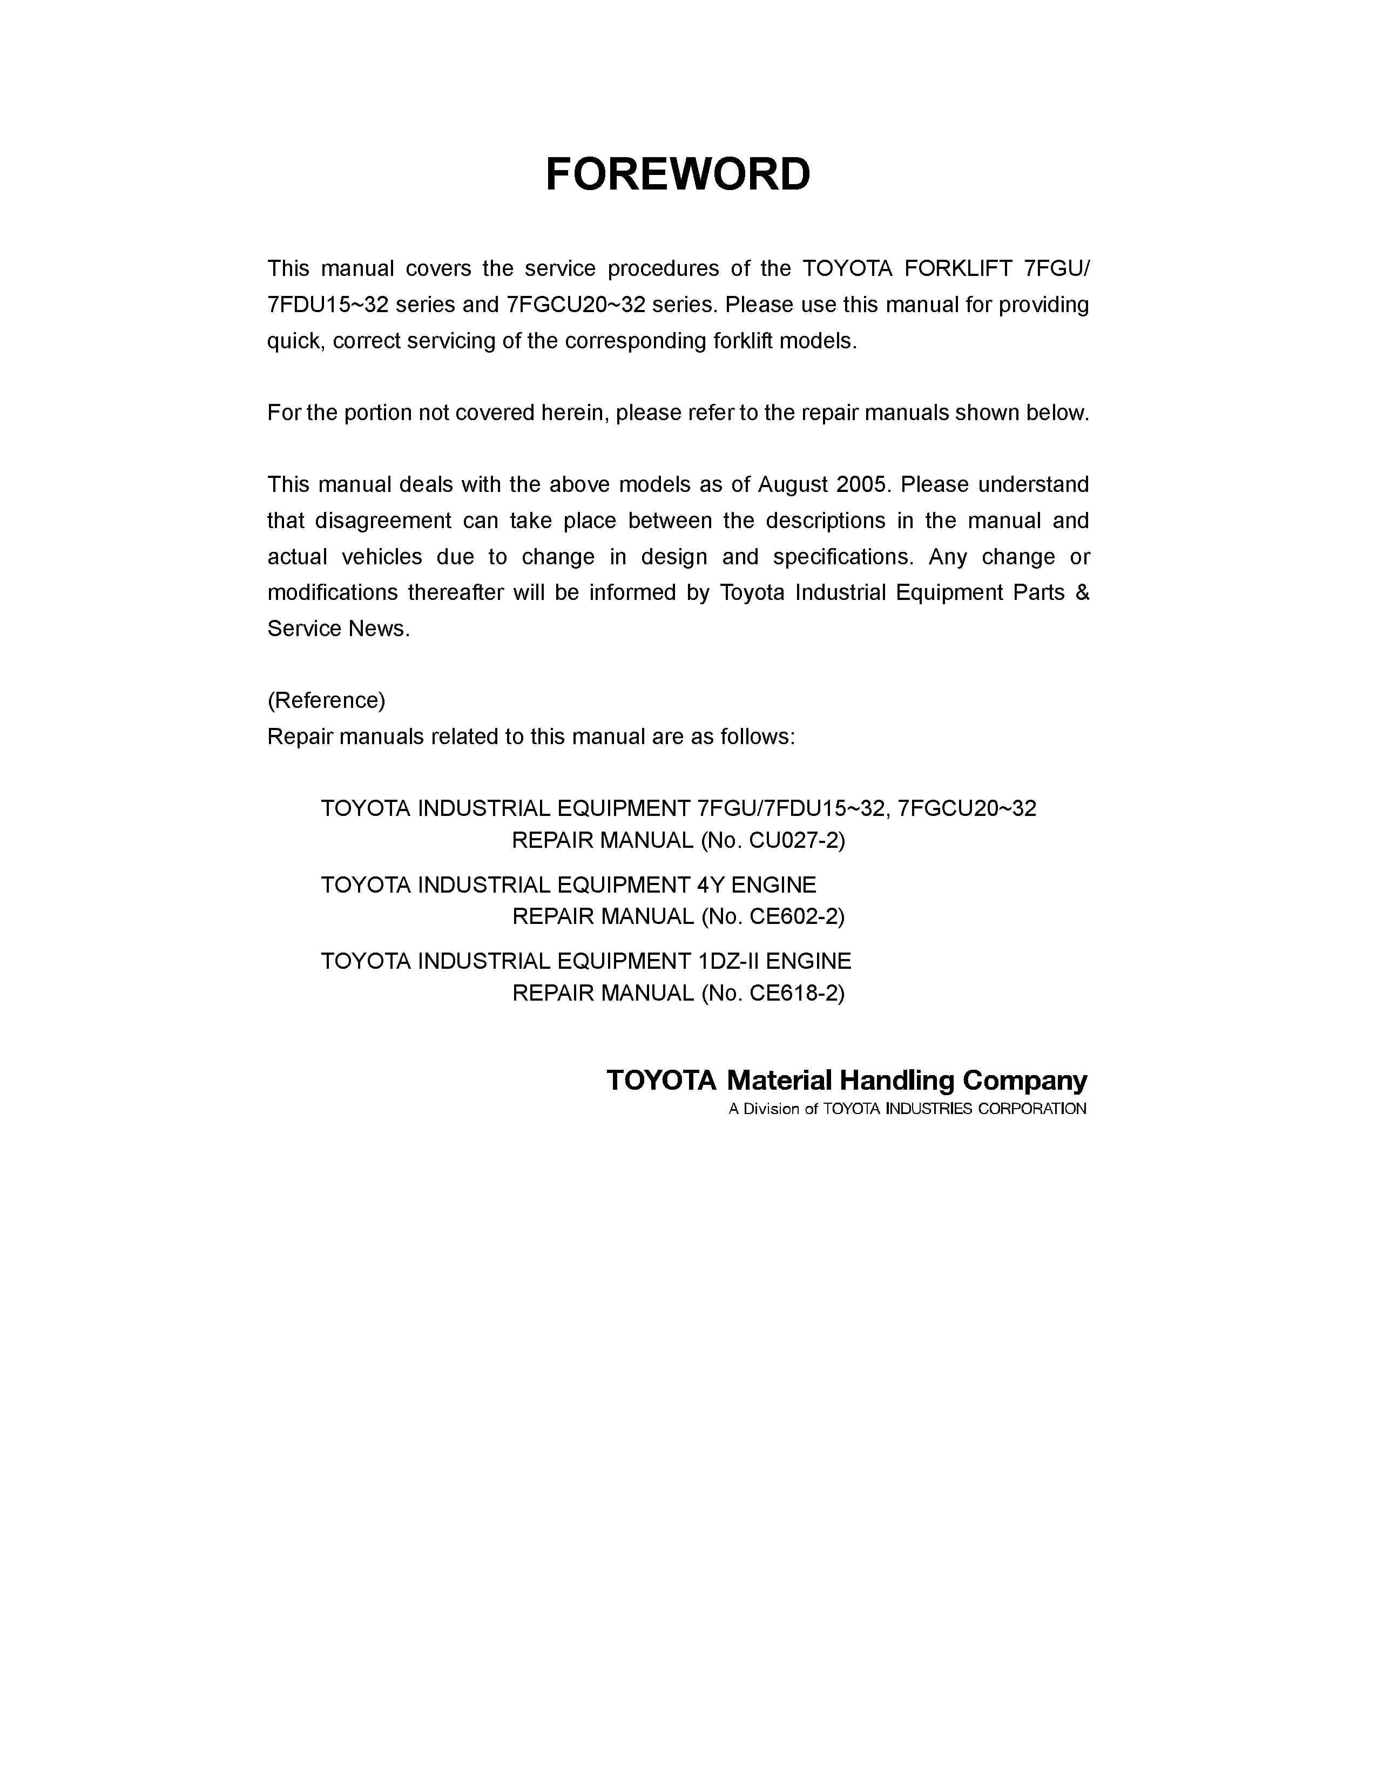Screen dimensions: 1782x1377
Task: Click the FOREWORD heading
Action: coord(677,174)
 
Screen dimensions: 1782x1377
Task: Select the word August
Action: coord(792,485)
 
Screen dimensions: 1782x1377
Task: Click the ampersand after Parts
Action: coord(1082,592)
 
